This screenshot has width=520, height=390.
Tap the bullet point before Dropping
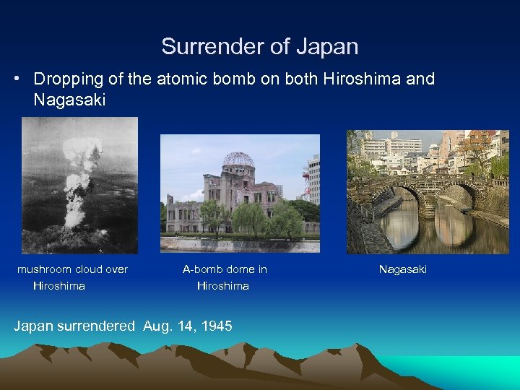pyautogui.click(x=16, y=79)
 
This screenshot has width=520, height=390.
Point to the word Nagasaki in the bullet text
pyautogui.click(x=69, y=100)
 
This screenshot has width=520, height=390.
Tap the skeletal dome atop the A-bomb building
pyautogui.click(x=238, y=160)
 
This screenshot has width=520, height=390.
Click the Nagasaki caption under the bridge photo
pyautogui.click(x=403, y=269)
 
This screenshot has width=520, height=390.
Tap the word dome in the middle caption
pyautogui.click(x=239, y=269)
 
